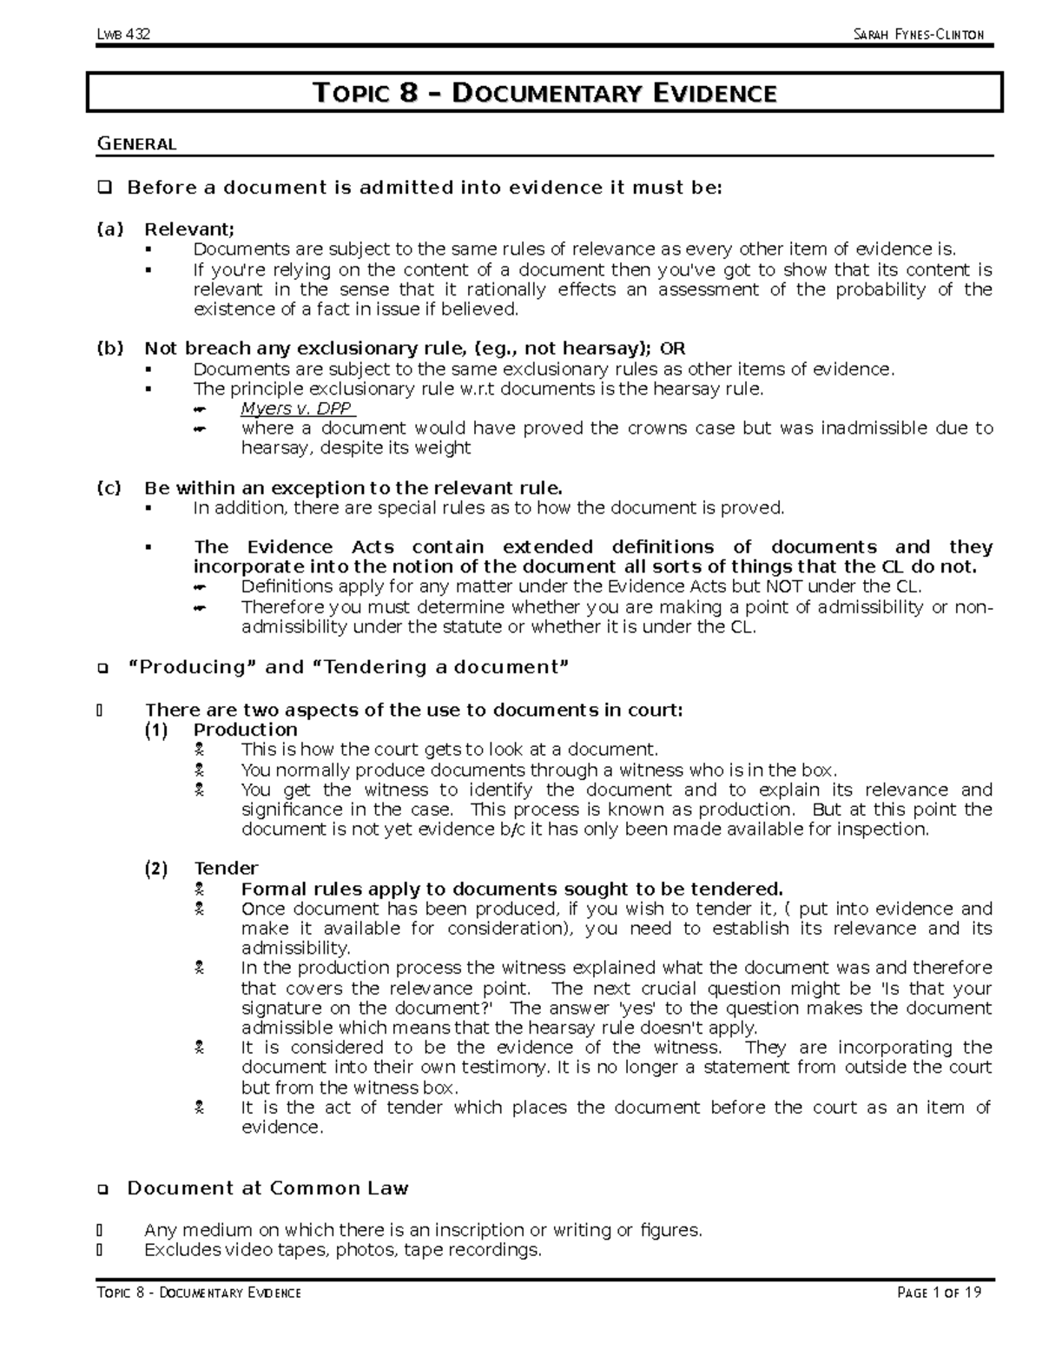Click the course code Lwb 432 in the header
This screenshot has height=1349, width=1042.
(x=124, y=35)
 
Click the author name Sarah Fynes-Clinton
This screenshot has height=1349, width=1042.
(x=919, y=35)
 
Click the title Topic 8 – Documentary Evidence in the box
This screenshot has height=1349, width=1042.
(x=544, y=93)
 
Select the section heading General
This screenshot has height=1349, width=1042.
(x=136, y=144)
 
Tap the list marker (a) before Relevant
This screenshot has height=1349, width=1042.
(x=109, y=229)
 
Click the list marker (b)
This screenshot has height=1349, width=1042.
(x=109, y=348)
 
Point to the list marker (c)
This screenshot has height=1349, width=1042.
(x=109, y=487)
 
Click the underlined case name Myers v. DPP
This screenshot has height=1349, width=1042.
(x=297, y=408)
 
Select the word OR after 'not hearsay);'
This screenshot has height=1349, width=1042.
(x=672, y=348)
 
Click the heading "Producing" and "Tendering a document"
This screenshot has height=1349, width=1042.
(x=347, y=667)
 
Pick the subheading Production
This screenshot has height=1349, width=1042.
(x=245, y=730)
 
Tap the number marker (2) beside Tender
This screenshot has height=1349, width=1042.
(x=157, y=869)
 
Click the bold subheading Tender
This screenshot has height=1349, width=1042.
(x=226, y=869)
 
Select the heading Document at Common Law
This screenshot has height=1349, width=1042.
(x=267, y=1188)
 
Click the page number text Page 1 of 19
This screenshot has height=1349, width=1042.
(x=940, y=1293)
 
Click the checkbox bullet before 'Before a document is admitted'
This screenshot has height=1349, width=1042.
(x=105, y=188)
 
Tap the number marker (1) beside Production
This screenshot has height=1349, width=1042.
(x=157, y=730)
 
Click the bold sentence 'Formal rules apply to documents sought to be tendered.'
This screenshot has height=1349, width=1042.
(x=511, y=889)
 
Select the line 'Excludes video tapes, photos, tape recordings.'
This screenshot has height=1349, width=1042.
(x=342, y=1250)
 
